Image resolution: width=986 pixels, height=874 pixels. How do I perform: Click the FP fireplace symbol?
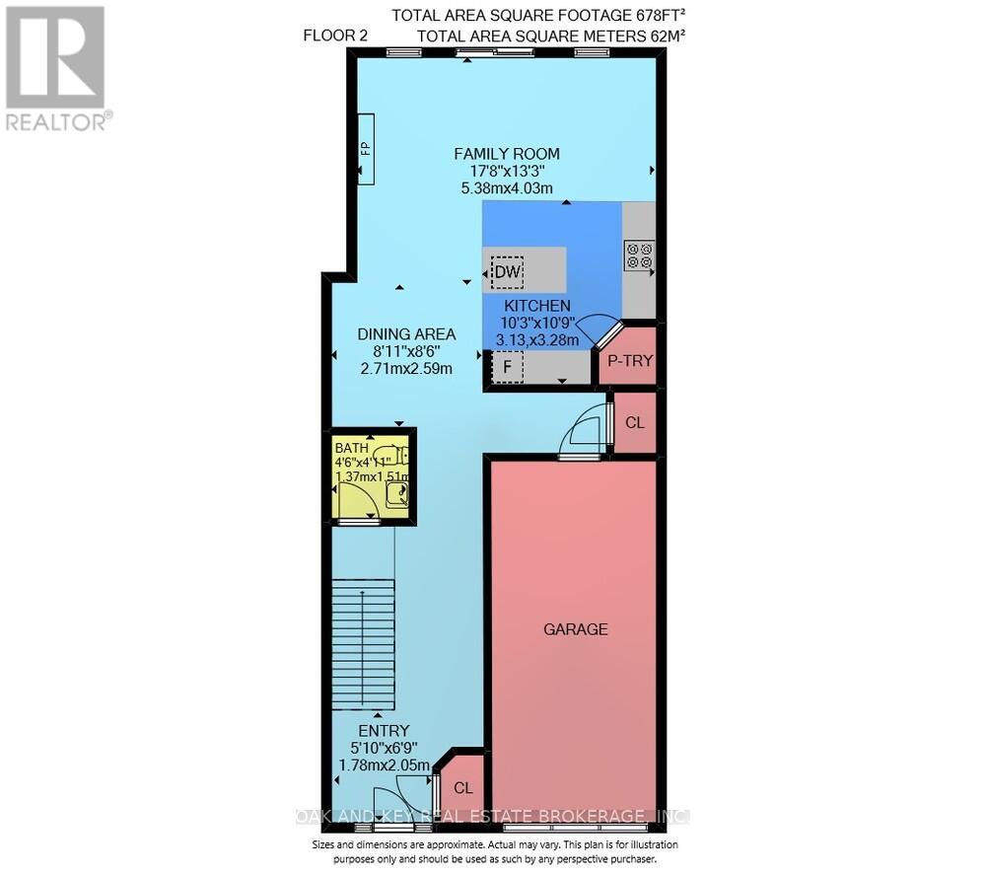(365, 149)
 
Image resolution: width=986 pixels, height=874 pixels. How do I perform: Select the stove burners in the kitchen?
(638, 255)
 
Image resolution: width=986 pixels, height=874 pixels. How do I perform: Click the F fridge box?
(507, 369)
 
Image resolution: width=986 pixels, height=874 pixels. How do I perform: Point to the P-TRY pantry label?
(628, 361)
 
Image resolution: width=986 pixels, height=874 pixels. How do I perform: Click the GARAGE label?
(576, 628)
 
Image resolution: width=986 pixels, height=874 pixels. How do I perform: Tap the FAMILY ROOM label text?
(506, 153)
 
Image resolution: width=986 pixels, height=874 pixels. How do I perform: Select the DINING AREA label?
(406, 333)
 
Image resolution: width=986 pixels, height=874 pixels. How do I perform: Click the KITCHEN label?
(537, 306)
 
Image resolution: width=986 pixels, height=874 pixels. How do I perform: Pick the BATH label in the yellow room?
(351, 445)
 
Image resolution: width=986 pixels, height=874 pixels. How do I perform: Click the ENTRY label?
(383, 730)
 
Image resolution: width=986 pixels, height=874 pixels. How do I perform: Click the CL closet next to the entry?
(462, 788)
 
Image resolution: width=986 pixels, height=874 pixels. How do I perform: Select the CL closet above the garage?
(634, 422)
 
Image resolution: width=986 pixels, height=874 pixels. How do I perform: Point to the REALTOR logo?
(55, 69)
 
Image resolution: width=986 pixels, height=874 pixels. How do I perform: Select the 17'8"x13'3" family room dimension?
(506, 171)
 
